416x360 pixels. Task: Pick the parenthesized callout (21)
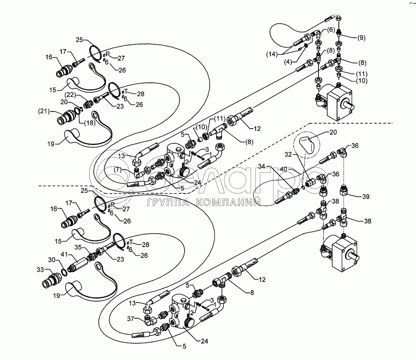(43, 111)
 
